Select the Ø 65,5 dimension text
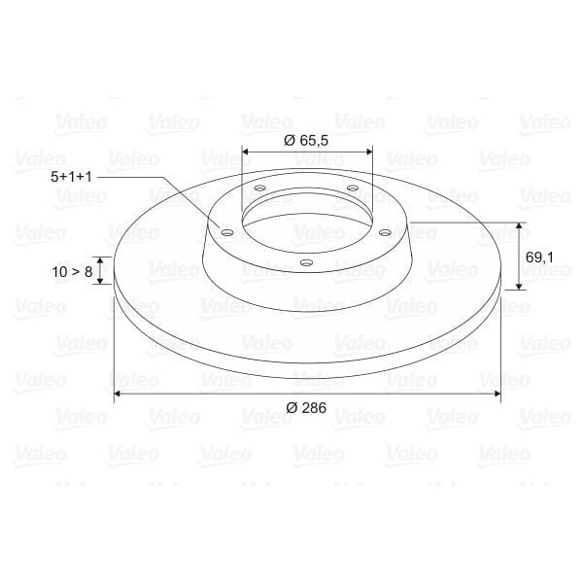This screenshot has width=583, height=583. tap(306, 140)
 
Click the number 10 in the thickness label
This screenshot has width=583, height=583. tap(61, 272)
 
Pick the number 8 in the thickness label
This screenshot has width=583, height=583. tap(87, 272)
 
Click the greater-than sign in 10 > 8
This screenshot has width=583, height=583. tap(75, 272)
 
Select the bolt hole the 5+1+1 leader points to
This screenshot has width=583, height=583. tap(226, 232)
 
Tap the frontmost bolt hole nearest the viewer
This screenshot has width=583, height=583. tap(305, 262)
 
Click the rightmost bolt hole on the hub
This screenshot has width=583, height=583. tap(384, 232)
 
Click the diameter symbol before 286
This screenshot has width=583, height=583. tap(291, 407)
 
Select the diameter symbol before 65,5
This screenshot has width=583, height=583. tap(289, 140)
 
